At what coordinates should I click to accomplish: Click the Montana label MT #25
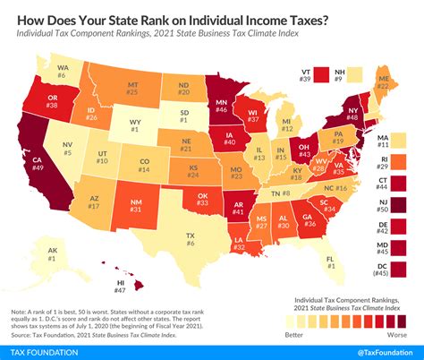(x=131, y=88)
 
